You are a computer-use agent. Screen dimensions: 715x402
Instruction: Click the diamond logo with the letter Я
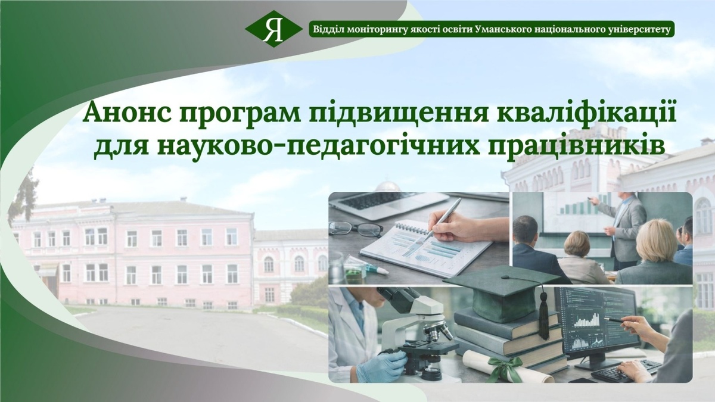point(273,29)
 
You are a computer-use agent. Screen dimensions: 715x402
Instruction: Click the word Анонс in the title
point(127,115)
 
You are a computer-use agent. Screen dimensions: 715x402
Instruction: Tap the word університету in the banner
point(635,30)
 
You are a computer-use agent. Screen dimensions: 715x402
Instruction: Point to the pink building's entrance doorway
point(51,280)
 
